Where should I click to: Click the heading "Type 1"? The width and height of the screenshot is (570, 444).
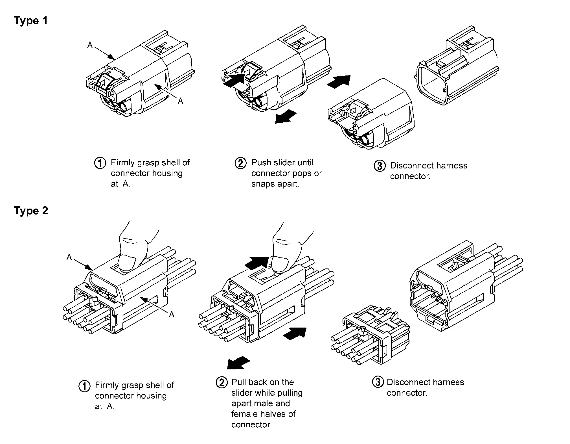pos(31,21)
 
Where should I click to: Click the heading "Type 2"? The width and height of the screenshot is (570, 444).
pos(31,211)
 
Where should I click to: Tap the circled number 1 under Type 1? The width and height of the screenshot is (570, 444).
pos(100,163)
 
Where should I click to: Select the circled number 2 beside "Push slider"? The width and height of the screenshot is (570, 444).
pos(240,163)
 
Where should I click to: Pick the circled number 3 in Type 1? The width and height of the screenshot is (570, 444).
pos(380,166)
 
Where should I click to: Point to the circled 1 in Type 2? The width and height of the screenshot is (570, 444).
pos(84,386)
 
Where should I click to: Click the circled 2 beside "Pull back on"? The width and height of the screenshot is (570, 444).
pos(222,382)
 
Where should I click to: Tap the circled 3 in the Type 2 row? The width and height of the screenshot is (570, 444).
pos(378,382)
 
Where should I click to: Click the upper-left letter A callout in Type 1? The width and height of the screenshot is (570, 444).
pos(90,45)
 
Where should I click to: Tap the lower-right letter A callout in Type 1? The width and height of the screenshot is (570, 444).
pos(181,101)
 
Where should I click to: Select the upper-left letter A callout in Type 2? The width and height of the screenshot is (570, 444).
pos(69,257)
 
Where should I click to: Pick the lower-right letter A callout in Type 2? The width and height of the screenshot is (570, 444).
pos(171,314)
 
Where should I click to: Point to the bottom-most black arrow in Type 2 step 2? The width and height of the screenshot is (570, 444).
pos(238,363)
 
